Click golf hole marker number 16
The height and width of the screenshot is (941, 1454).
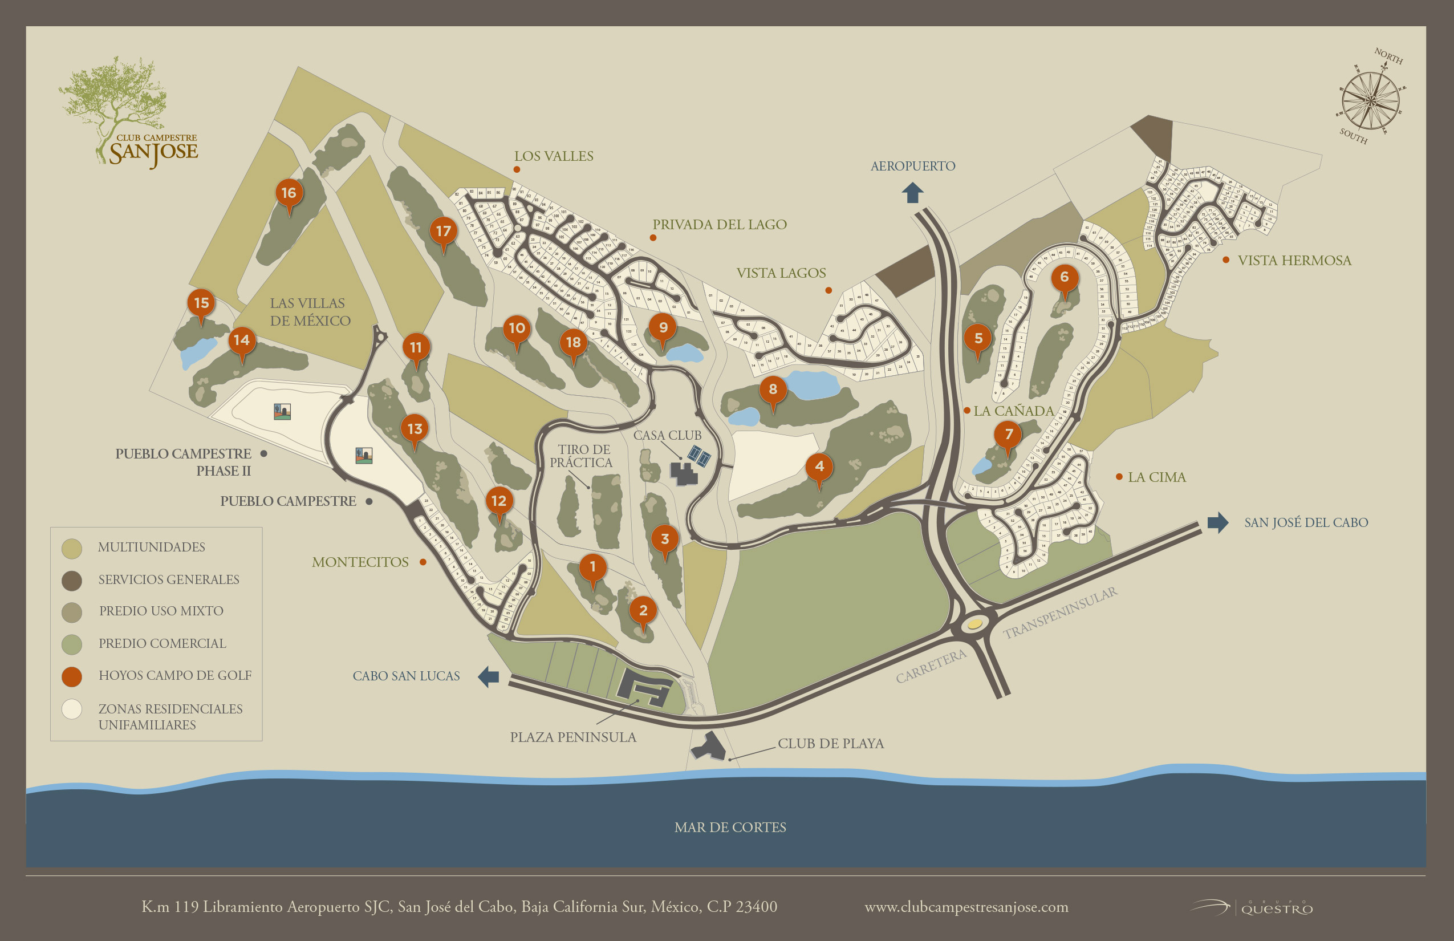point(289,193)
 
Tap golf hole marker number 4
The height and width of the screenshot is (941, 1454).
point(819,467)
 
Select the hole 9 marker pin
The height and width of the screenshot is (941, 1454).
point(663,327)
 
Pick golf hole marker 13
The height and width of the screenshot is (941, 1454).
point(415,429)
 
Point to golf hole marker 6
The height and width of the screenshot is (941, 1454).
point(1064,277)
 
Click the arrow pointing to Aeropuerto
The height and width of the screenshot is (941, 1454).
point(913,193)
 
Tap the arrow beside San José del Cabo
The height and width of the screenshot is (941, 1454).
point(1217,522)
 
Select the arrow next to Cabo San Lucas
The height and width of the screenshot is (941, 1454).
point(489,676)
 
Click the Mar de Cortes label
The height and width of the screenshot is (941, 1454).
point(730,828)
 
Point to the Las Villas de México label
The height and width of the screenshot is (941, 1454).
point(310,311)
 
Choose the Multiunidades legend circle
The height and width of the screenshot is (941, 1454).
point(72,548)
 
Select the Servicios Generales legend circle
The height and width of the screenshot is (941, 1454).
point(72,581)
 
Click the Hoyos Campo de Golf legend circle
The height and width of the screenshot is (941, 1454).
point(72,676)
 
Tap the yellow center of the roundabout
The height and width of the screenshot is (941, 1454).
point(974,624)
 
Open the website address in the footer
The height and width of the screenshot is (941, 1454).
point(966,907)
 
